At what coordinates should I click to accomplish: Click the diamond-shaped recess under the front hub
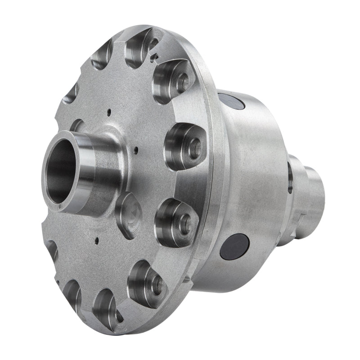click(x=129, y=215)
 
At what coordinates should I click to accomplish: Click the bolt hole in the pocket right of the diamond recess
click(x=183, y=220)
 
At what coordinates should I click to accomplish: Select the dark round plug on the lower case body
click(x=234, y=246)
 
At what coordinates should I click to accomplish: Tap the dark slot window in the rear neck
click(x=290, y=178)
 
